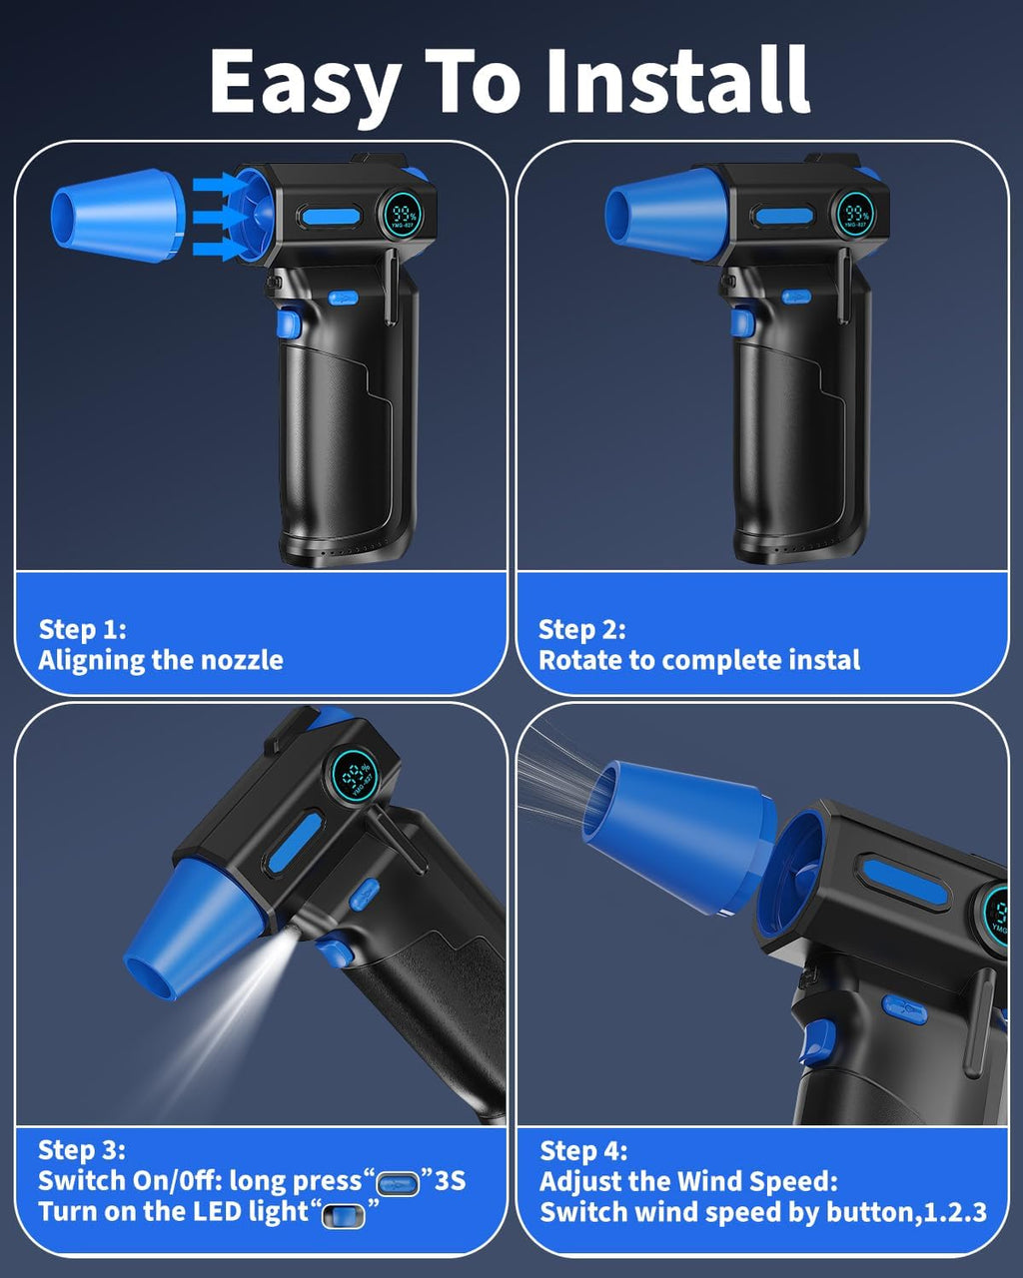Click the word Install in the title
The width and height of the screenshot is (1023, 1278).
tap(677, 80)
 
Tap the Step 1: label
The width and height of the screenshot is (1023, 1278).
tap(82, 629)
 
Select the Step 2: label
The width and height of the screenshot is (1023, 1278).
tap(582, 629)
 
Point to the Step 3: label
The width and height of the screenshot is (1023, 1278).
tap(82, 1150)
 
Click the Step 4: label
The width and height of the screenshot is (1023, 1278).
tap(583, 1151)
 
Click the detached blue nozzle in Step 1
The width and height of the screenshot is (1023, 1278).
tap(118, 216)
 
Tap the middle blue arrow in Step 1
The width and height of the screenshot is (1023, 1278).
tap(221, 217)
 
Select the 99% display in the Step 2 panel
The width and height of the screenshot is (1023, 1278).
tap(857, 214)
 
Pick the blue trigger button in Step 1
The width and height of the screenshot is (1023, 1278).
tap(289, 324)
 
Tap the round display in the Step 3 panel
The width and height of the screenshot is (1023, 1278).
tap(355, 776)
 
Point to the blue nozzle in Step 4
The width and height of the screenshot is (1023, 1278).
tap(677, 835)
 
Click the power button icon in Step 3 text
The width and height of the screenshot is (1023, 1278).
tap(399, 1184)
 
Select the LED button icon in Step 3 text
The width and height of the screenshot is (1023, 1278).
tap(343, 1216)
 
